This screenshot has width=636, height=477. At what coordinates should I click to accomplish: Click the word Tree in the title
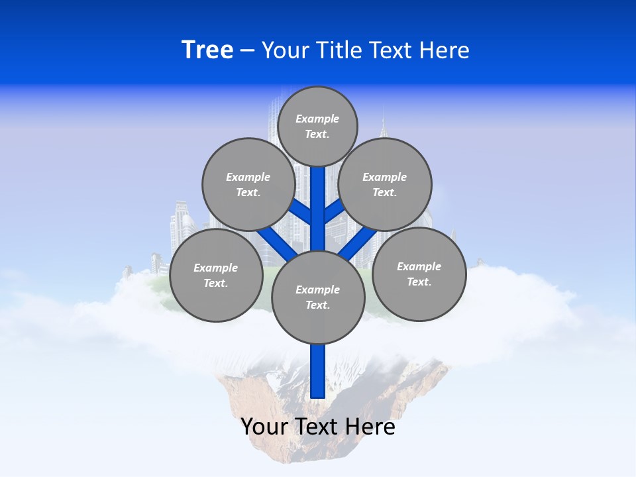(207, 50)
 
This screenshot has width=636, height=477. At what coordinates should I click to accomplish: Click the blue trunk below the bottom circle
(318, 371)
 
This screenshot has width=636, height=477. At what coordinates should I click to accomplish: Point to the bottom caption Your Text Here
(318, 427)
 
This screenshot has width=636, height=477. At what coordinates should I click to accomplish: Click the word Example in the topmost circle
(317, 119)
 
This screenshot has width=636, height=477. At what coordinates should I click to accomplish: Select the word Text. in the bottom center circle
(317, 305)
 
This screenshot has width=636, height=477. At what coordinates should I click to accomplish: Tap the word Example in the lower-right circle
(419, 266)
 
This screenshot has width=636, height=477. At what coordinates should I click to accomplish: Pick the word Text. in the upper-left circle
(248, 192)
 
